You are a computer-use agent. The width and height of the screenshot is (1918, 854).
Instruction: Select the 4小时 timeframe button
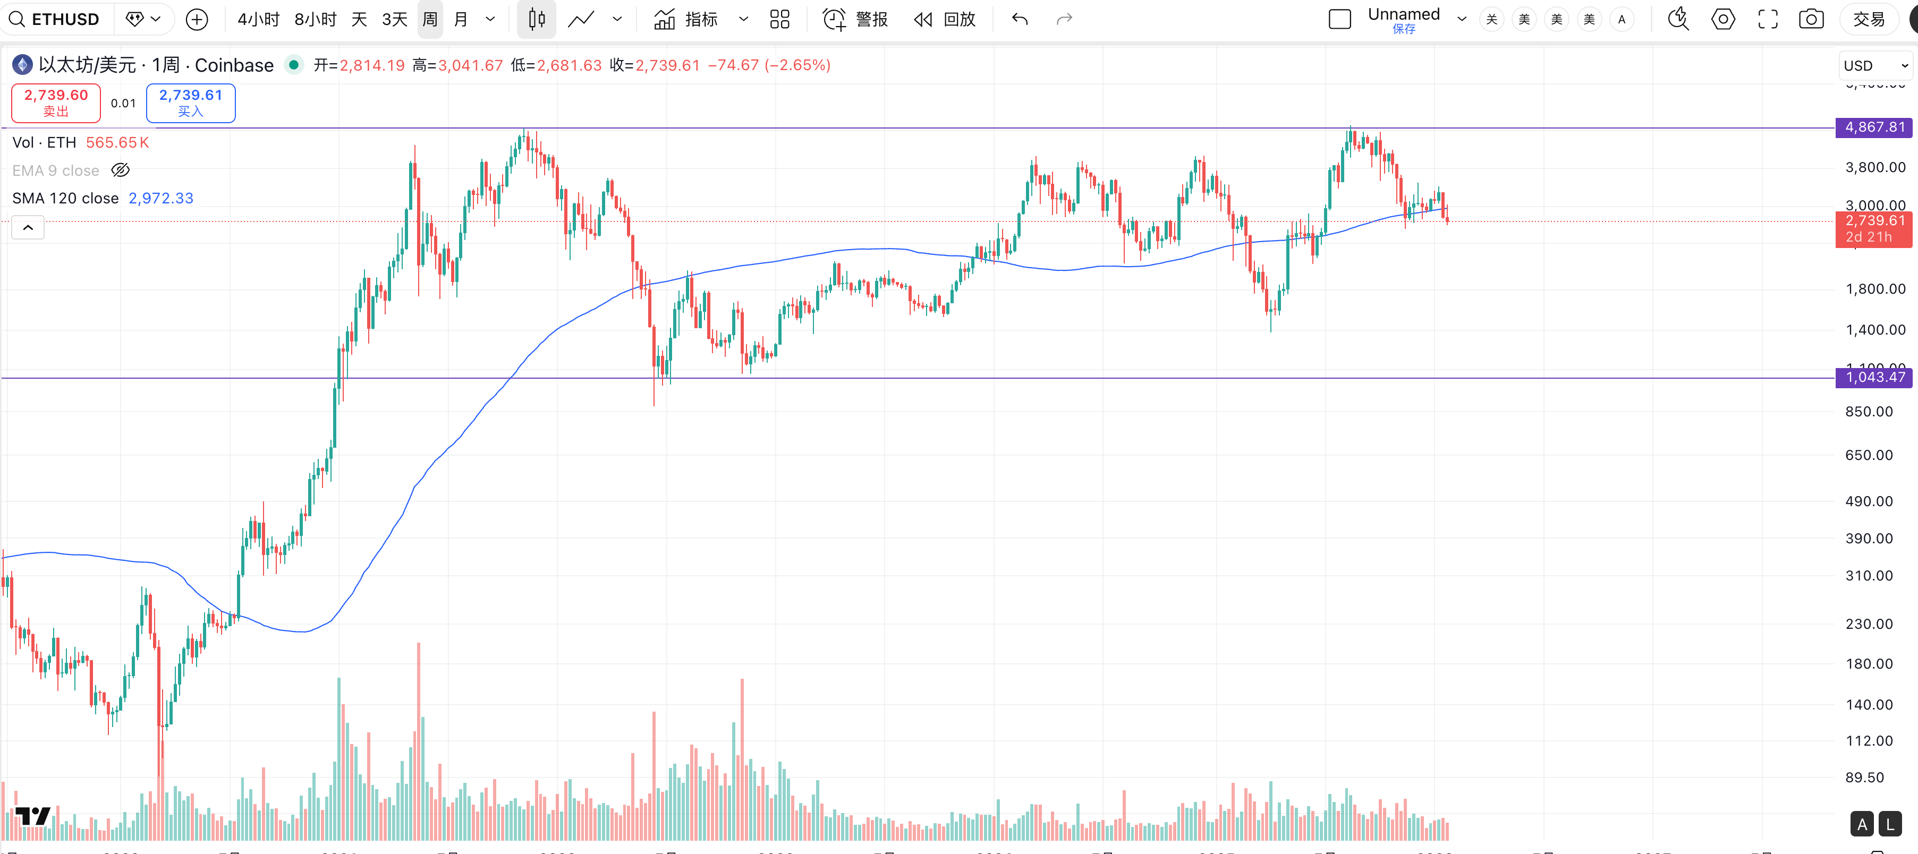point(258,19)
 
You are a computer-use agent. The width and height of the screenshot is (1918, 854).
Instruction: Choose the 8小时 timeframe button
point(315,19)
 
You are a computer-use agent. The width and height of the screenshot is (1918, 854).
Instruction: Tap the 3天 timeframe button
point(395,19)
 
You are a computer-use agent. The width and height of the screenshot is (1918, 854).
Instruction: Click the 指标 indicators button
point(686,19)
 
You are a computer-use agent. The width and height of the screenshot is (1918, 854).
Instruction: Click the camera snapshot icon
point(1811,19)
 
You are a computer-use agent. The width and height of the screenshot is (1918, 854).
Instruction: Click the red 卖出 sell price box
point(56,103)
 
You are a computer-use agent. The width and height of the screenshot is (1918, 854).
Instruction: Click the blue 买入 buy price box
point(191,103)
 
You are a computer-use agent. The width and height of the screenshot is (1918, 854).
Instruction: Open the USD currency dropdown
point(1875,65)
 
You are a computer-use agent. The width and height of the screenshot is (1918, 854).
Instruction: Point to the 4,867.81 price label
point(1874,127)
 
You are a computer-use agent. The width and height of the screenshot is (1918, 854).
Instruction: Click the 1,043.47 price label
point(1874,378)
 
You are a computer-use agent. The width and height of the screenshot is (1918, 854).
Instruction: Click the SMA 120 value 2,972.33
point(161,198)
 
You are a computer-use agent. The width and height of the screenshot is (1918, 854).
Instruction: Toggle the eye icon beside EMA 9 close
point(121,170)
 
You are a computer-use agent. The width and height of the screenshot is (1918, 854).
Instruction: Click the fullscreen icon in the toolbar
point(1768,19)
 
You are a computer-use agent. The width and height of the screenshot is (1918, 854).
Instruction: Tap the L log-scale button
point(1890,824)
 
